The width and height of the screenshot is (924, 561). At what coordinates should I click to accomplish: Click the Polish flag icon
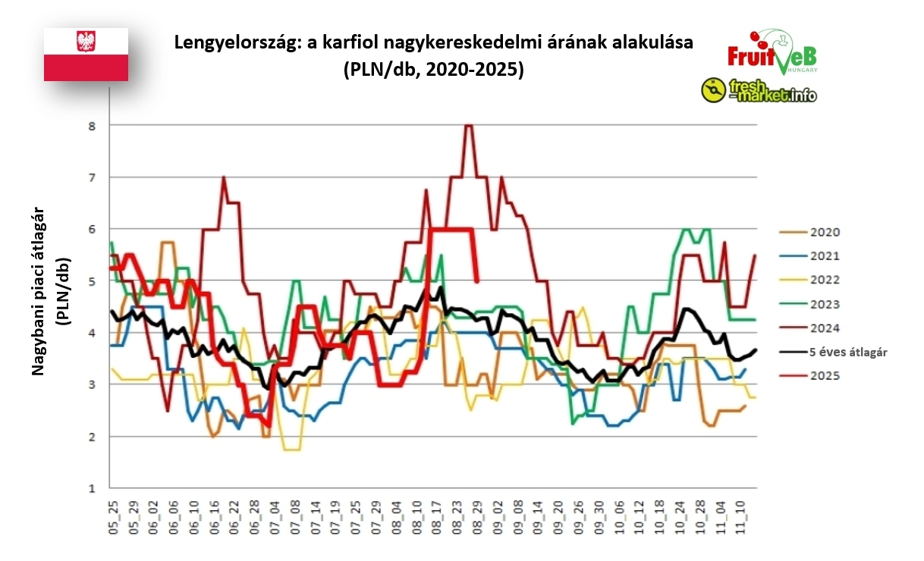point(86,54)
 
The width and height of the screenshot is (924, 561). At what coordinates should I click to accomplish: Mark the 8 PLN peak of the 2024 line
point(468,126)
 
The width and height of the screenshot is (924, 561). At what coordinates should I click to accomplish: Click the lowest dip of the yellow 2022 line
point(292,450)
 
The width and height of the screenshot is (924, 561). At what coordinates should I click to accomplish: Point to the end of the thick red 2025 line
point(476,280)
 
